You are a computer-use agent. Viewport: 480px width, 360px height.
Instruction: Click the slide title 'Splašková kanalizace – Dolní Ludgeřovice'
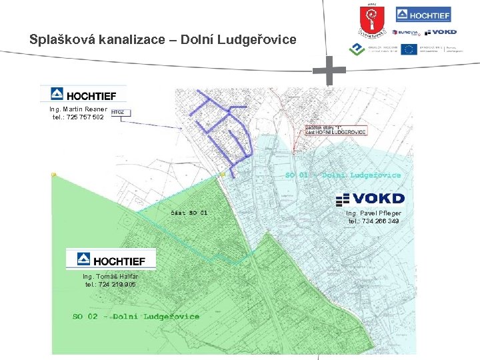(163, 39)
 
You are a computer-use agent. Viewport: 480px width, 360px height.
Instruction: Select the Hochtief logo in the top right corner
(423, 14)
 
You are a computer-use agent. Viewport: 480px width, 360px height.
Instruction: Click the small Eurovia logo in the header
(405, 32)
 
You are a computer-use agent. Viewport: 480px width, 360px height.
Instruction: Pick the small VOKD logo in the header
(441, 32)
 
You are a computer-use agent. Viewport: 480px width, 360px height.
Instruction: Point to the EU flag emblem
(409, 49)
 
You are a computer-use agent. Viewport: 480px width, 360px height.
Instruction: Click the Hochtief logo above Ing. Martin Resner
(83, 94)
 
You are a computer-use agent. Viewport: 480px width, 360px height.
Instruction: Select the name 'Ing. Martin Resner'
(78, 109)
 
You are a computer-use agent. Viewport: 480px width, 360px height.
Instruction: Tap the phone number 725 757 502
(78, 117)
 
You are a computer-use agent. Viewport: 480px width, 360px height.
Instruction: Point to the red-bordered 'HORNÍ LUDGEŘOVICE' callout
(335, 130)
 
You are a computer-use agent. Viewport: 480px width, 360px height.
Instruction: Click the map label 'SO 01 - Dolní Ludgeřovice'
(343, 175)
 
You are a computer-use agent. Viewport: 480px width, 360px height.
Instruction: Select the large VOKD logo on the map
(370, 199)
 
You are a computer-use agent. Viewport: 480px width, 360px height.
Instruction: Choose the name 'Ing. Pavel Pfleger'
(374, 213)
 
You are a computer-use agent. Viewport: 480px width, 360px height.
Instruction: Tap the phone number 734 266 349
(374, 221)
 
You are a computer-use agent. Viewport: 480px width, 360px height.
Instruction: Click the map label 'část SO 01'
(189, 213)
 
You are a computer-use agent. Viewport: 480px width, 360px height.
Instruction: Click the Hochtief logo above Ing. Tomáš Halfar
(111, 259)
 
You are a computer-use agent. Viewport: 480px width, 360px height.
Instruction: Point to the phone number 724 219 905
(111, 285)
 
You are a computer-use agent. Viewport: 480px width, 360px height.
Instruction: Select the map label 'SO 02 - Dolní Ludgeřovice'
(136, 316)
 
